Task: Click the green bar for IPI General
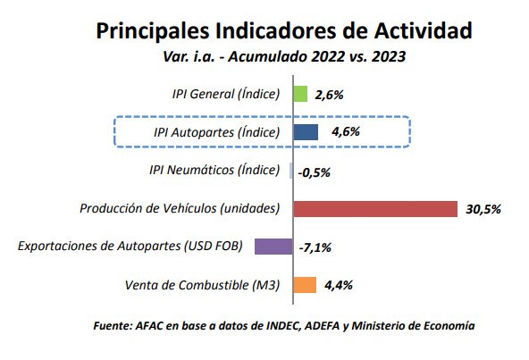pyautogui.click(x=300, y=94)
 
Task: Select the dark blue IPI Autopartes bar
pyautogui.click(x=306, y=132)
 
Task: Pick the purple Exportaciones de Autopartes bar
pyautogui.click(x=273, y=247)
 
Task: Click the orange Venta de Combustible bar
pyautogui.click(x=305, y=285)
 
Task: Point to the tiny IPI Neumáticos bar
pyautogui.click(x=291, y=171)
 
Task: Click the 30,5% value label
pyautogui.click(x=483, y=210)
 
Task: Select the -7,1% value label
pyautogui.click(x=315, y=247)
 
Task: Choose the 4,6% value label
pyautogui.click(x=345, y=132)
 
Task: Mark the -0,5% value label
pyautogui.click(x=313, y=172)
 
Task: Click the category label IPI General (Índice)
pyautogui.click(x=226, y=94)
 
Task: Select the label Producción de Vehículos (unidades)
pyautogui.click(x=180, y=209)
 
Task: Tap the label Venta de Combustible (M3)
pyautogui.click(x=204, y=285)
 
